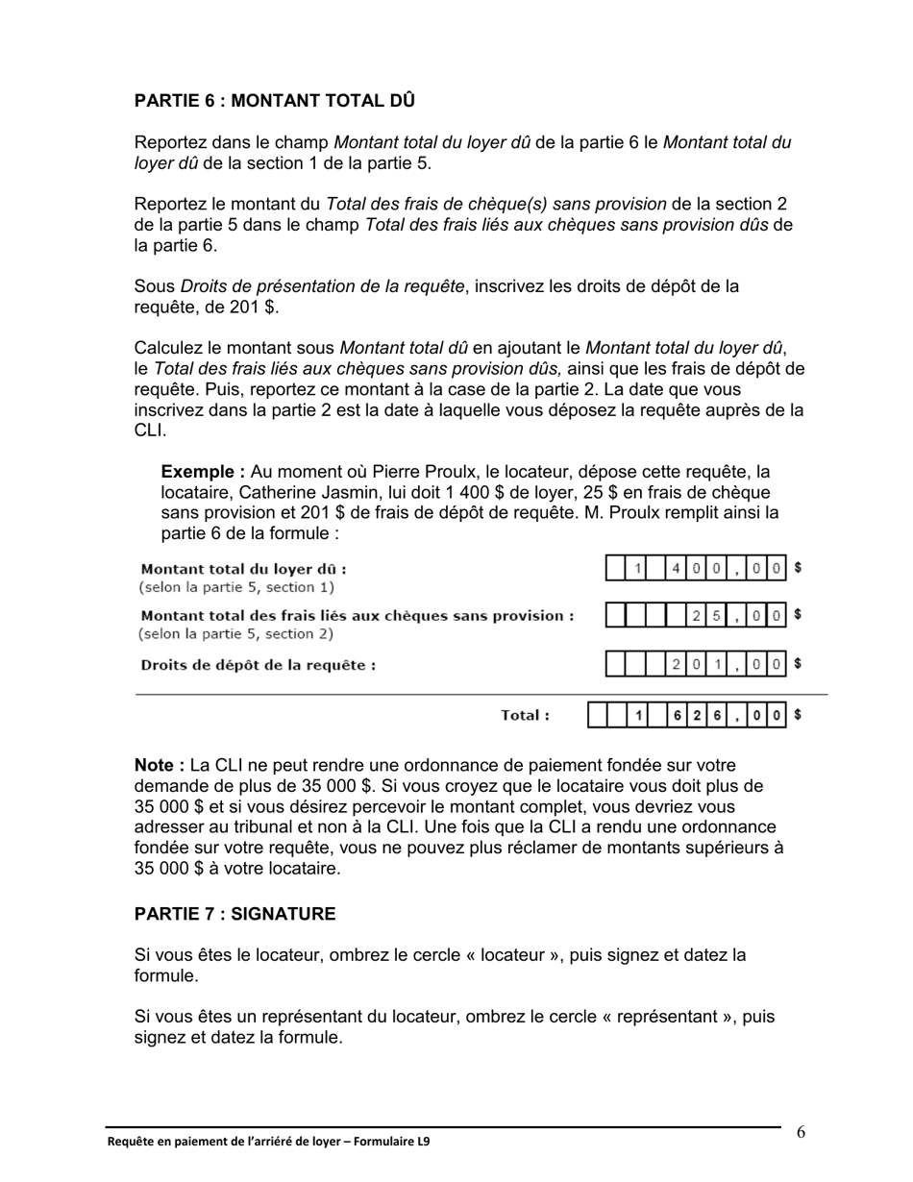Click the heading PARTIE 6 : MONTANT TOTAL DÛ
(274, 101)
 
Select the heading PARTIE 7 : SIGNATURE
(234, 914)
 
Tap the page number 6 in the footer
(801, 1132)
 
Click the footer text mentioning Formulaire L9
(268, 1142)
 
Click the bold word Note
(159, 766)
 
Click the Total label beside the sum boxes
(526, 715)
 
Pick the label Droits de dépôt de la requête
(258, 665)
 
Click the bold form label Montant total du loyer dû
(243, 569)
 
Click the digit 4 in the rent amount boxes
(677, 569)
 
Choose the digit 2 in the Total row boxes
(697, 715)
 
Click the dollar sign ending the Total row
(798, 714)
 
